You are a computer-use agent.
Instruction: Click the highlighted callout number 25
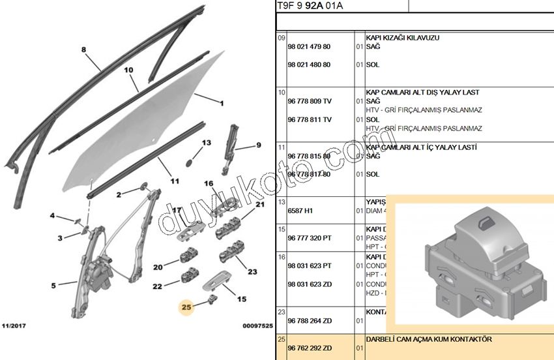[186, 306]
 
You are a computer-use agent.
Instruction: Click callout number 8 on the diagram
[83, 50]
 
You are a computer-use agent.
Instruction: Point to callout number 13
[207, 143]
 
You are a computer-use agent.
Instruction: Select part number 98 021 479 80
[309, 47]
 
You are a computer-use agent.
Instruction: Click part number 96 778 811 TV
[310, 120]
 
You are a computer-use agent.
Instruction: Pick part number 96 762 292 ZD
[310, 348]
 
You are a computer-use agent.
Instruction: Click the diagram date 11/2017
[14, 325]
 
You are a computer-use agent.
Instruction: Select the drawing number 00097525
[257, 325]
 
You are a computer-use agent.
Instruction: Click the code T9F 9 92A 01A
[310, 7]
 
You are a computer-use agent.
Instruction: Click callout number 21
[260, 205]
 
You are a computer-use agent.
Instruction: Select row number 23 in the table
[282, 311]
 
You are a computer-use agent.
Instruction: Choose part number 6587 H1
[300, 211]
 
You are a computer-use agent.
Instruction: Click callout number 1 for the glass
[222, 103]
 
